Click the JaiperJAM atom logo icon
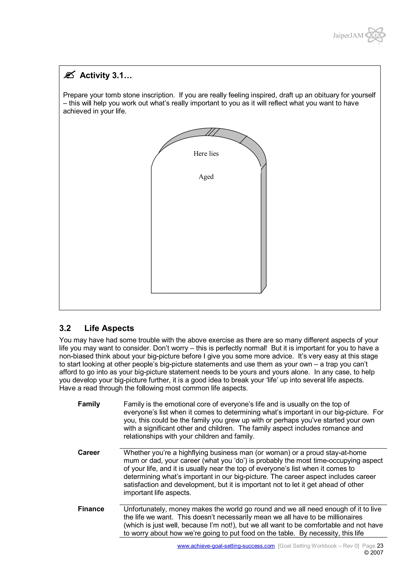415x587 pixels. click(375, 35)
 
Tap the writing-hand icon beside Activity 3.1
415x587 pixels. click(69, 75)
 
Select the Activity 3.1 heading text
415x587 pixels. click(106, 75)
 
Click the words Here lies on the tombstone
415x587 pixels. click(206, 154)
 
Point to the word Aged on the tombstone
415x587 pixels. click(206, 177)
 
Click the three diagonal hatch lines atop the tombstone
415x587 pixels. click(212, 132)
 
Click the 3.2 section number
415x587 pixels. click(65, 328)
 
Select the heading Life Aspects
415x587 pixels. click(109, 328)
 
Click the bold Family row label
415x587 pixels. click(89, 404)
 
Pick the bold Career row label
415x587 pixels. click(89, 452)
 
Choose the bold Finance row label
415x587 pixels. click(91, 509)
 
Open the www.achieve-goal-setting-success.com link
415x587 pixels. click(226, 546)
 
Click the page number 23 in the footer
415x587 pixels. click(380, 546)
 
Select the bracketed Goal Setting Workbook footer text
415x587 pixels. click(318, 546)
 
